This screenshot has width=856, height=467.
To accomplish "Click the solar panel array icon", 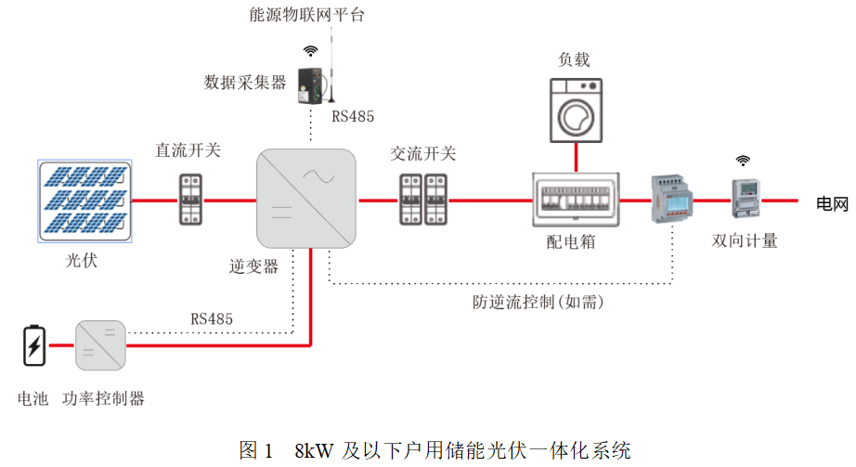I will click(84, 201).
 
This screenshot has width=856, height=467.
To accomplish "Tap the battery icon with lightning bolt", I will click(33, 345).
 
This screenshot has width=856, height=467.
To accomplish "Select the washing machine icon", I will click(574, 110).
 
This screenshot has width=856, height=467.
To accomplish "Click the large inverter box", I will click(306, 199).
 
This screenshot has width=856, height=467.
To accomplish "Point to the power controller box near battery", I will click(100, 345).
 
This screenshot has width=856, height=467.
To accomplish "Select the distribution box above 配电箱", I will click(575, 201).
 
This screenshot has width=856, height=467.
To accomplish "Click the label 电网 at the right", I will click(832, 204).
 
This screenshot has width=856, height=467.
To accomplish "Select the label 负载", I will click(574, 60).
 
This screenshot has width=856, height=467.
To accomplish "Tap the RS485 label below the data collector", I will click(353, 117).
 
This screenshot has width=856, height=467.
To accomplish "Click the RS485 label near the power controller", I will click(212, 319).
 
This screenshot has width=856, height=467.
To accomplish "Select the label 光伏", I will click(82, 261).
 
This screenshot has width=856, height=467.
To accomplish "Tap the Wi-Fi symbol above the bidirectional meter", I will click(743, 160).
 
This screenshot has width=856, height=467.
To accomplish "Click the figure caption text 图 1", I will click(256, 451).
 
